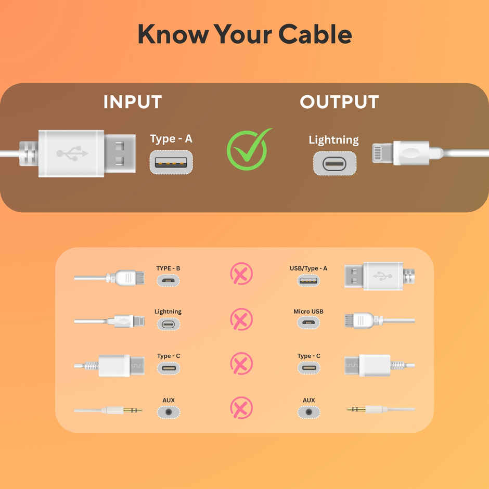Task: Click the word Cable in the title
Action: point(315,34)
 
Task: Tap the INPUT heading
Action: point(132,102)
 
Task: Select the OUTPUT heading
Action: point(339,102)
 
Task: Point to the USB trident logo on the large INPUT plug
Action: point(72,153)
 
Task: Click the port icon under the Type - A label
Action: point(171,162)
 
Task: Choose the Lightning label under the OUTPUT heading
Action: point(333,140)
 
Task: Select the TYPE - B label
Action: point(168,268)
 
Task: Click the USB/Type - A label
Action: point(308,268)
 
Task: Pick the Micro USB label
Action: point(308,312)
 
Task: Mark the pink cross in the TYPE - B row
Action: point(241,274)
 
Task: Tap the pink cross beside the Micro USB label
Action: point(241,319)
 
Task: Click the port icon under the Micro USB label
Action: point(308,324)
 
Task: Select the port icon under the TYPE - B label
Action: point(168,280)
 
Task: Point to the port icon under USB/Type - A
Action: point(308,280)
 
